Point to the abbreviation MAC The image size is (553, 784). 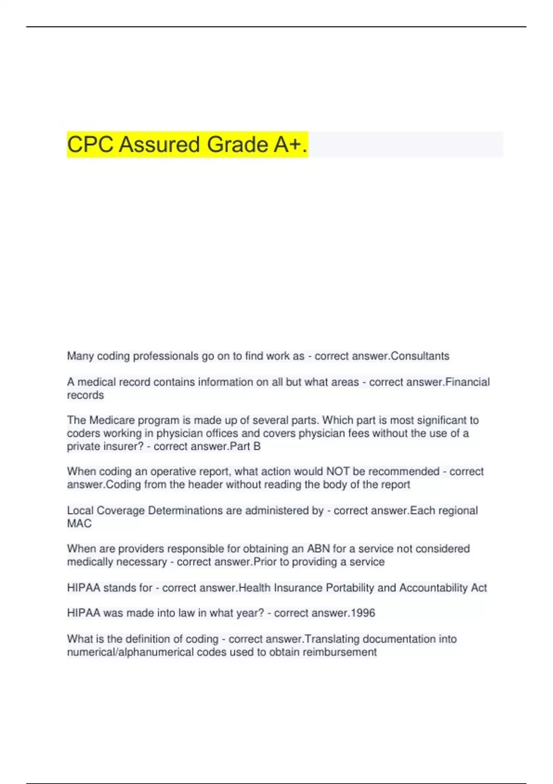coord(79,523)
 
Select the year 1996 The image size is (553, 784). coord(363,613)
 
